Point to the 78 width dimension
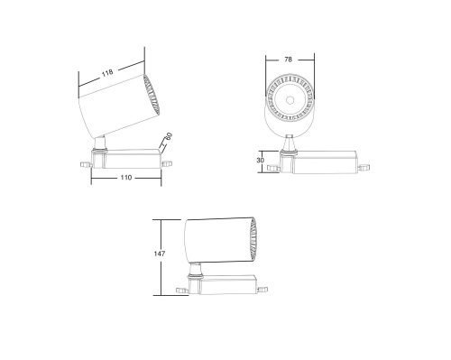pos(288,60)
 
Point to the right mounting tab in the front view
pos(364,167)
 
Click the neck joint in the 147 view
pos(196,268)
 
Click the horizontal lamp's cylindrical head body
pos(216,240)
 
